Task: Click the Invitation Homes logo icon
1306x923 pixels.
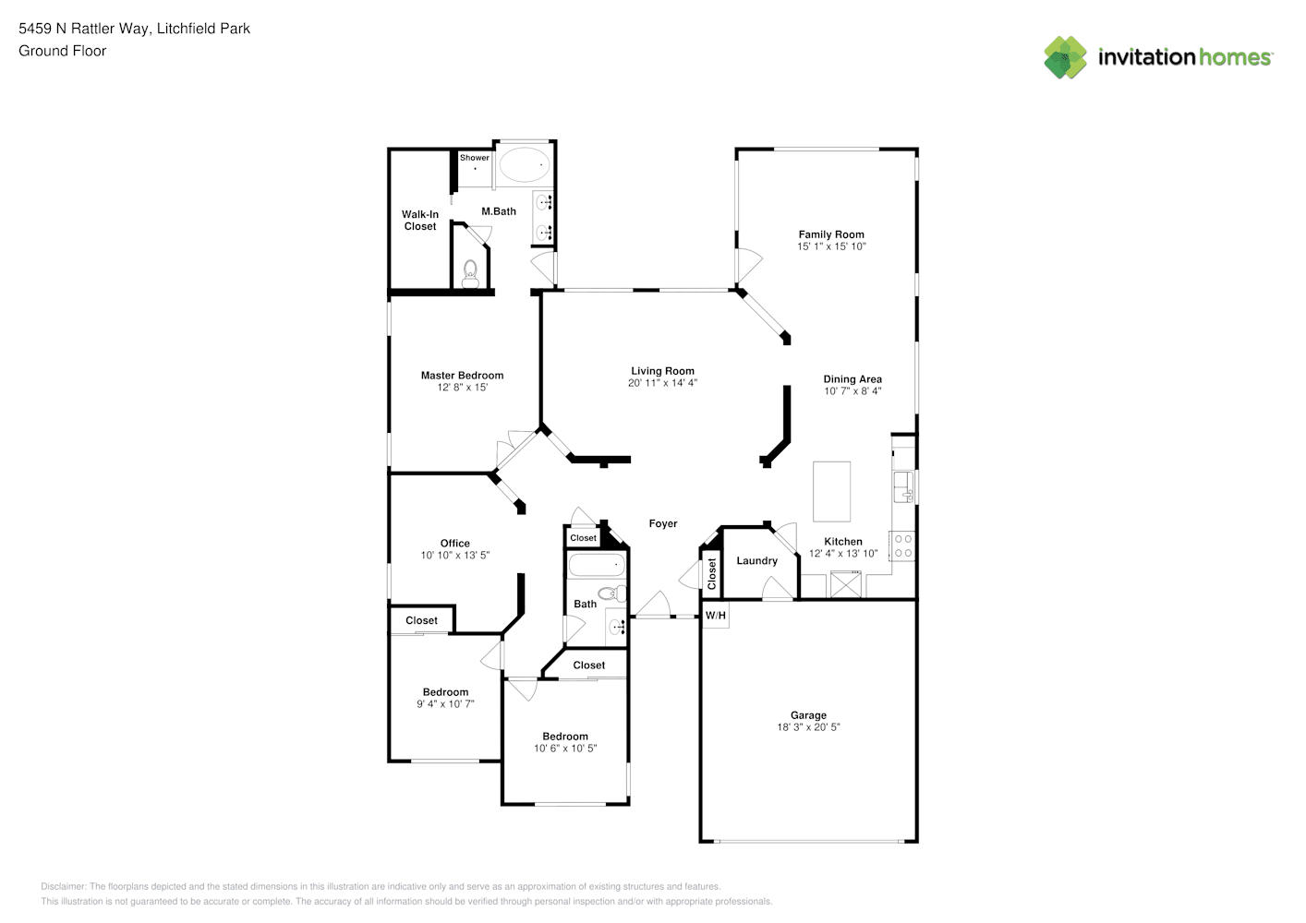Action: (1065, 57)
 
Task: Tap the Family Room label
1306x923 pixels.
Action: (831, 234)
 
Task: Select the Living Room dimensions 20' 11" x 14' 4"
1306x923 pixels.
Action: (662, 383)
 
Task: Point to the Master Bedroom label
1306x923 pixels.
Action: (463, 376)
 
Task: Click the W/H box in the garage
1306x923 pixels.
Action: (716, 616)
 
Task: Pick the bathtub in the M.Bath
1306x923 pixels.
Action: (525, 165)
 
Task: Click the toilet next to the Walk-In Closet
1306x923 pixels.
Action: (470, 274)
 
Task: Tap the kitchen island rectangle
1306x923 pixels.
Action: (831, 491)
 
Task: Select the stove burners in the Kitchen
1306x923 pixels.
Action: (903, 546)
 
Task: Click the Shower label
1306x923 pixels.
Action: (475, 157)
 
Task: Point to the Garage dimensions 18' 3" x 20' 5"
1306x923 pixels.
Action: (808, 727)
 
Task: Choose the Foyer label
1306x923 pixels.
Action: (663, 523)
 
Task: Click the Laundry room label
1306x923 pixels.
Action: (756, 560)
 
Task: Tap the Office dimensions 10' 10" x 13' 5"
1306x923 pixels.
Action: (455, 556)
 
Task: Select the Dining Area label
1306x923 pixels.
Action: (853, 378)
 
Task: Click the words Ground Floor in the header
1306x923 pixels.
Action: (63, 51)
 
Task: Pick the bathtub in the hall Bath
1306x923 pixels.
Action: (597, 565)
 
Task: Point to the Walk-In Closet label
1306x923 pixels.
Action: (419, 221)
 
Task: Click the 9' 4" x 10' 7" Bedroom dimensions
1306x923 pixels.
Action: (445, 704)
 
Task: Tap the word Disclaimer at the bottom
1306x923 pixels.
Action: (63, 886)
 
